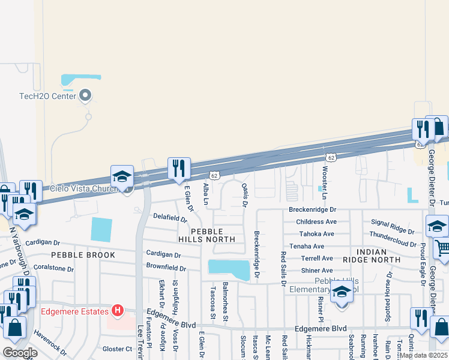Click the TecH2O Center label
(x=47, y=96)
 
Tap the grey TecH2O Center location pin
(x=85, y=95)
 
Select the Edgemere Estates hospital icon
(x=118, y=311)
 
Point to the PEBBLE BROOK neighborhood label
(x=74, y=254)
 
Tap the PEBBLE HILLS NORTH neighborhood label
(x=207, y=235)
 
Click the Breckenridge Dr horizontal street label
(x=312, y=210)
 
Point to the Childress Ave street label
(x=316, y=221)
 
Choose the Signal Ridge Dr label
(x=393, y=226)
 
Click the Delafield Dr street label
(x=170, y=217)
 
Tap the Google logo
(x=20, y=353)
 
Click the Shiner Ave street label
(x=317, y=270)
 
